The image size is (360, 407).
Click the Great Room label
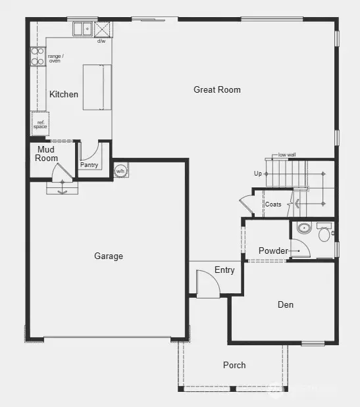point(217,89)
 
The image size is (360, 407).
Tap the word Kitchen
point(64,94)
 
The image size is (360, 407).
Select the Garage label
point(109,256)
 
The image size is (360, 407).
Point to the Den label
point(285,304)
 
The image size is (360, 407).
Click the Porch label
point(234,365)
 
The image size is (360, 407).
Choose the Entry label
point(224,270)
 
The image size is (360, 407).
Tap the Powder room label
point(273,251)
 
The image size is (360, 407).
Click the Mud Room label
point(47,154)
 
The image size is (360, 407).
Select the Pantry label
point(89,165)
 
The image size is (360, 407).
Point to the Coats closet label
point(273,204)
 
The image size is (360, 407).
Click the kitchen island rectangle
point(95,87)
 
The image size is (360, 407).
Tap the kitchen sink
point(83,29)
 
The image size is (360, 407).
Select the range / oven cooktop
point(38,57)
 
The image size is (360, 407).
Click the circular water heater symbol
point(120,171)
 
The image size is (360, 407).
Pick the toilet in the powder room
point(324,232)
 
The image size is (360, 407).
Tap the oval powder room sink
point(303,229)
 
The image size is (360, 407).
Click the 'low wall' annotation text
point(287,155)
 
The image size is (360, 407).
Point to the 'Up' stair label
point(258,174)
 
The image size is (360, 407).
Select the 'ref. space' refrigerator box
point(40,123)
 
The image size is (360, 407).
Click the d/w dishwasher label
point(101,41)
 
